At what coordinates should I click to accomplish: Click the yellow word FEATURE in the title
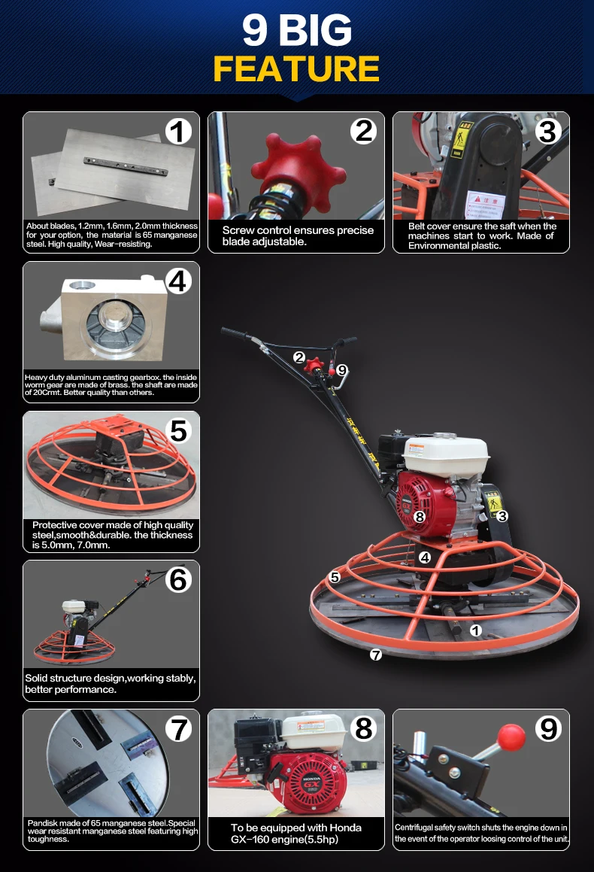[296, 68]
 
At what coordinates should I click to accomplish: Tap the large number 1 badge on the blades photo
[178, 132]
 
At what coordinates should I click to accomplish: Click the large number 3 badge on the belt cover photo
[548, 132]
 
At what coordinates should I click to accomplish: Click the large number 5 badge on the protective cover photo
[178, 430]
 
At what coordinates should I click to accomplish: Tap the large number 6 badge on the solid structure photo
[178, 579]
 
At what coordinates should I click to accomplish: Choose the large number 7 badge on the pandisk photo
[178, 728]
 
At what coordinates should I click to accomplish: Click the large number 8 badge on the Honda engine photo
[364, 728]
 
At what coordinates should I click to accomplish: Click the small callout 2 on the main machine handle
[299, 357]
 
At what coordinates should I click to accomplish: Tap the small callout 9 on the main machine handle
[341, 369]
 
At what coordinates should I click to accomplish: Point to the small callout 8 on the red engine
[420, 517]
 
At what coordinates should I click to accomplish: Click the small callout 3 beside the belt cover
[502, 515]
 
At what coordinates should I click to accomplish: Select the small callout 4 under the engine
[425, 558]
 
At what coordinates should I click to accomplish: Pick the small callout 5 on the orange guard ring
[335, 577]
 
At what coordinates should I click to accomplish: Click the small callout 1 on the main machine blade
[475, 630]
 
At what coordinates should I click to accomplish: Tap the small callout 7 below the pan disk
[376, 655]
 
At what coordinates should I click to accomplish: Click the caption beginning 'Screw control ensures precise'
[298, 235]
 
